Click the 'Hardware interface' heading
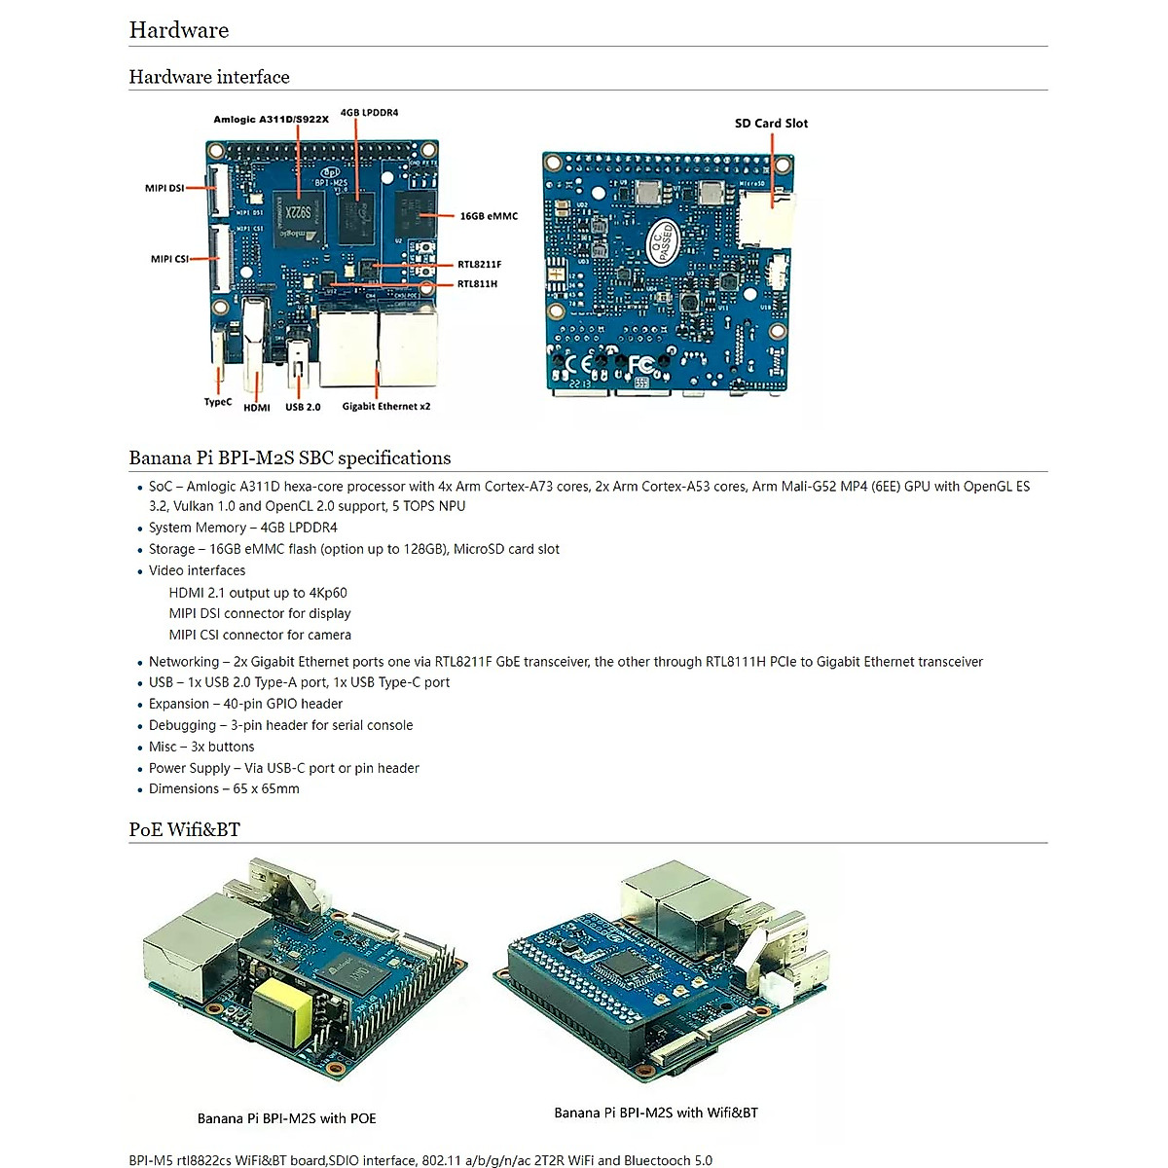[209, 77]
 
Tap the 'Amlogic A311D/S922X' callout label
[272, 120]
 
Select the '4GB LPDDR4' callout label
[369, 113]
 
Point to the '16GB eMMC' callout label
[489, 216]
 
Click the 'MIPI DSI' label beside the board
[164, 188]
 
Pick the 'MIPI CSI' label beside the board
[169, 259]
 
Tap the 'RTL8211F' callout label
[480, 264]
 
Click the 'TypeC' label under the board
[218, 402]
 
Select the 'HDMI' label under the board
[257, 408]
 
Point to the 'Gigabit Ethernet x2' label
[386, 407]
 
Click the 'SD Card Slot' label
[771, 124]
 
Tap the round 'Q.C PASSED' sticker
[663, 243]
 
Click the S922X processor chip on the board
[300, 217]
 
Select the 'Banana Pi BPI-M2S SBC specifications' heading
[290, 457]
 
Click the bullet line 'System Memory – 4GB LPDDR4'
[242, 528]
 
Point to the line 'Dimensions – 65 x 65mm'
[224, 788]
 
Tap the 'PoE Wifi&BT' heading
[184, 829]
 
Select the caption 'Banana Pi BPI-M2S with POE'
[286, 1118]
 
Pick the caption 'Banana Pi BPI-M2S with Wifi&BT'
[656, 1113]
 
